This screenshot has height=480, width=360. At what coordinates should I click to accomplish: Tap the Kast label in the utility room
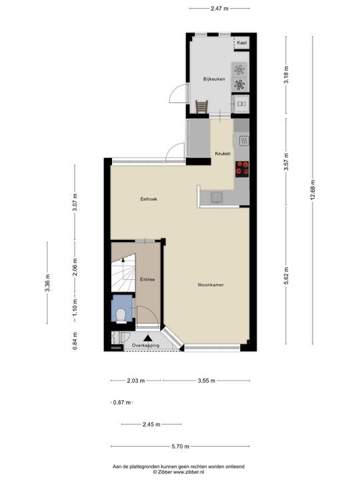(x=241, y=43)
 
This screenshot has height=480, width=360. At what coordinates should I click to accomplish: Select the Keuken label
(x=223, y=154)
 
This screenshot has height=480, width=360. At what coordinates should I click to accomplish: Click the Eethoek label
(x=148, y=199)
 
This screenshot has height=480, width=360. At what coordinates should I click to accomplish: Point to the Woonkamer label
(x=210, y=285)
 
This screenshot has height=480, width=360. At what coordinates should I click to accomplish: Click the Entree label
(x=147, y=279)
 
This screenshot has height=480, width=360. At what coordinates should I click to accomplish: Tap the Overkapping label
(x=145, y=345)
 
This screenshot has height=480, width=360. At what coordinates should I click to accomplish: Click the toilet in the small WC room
(x=121, y=313)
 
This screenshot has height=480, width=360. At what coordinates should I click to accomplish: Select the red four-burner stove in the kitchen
(x=241, y=169)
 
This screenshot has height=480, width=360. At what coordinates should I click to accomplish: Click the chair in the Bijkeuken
(x=202, y=107)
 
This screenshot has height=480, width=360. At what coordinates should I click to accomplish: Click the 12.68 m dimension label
(x=313, y=190)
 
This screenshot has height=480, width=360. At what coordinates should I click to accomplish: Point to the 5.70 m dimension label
(x=180, y=447)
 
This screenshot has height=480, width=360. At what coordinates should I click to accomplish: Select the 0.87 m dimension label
(x=122, y=402)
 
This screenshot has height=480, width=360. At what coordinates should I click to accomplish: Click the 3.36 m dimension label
(x=47, y=283)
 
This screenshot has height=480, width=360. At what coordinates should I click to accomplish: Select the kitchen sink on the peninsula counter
(x=217, y=197)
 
